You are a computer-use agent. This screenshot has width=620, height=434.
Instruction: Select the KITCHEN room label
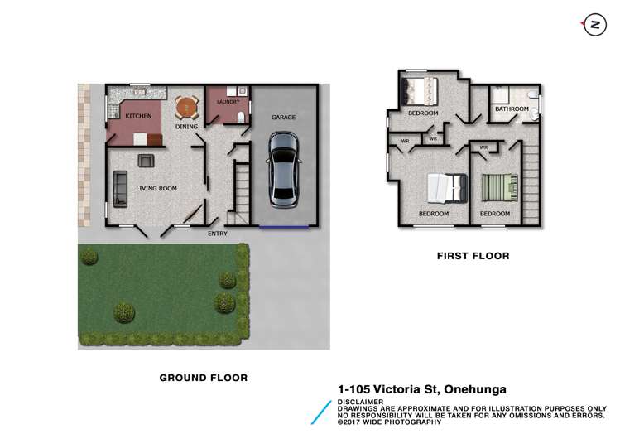click(x=138, y=117)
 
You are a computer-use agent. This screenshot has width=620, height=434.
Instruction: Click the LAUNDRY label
click(x=228, y=102)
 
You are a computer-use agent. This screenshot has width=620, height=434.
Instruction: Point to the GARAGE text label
click(x=283, y=118)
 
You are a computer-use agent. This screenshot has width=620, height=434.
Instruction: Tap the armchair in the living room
click(x=147, y=161)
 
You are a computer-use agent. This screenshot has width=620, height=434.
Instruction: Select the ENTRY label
click(x=217, y=233)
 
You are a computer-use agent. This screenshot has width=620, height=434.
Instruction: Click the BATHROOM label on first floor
click(x=512, y=108)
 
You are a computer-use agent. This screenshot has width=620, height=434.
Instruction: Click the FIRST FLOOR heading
click(x=473, y=256)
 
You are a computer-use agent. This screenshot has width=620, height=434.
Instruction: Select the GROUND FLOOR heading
click(x=203, y=377)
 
